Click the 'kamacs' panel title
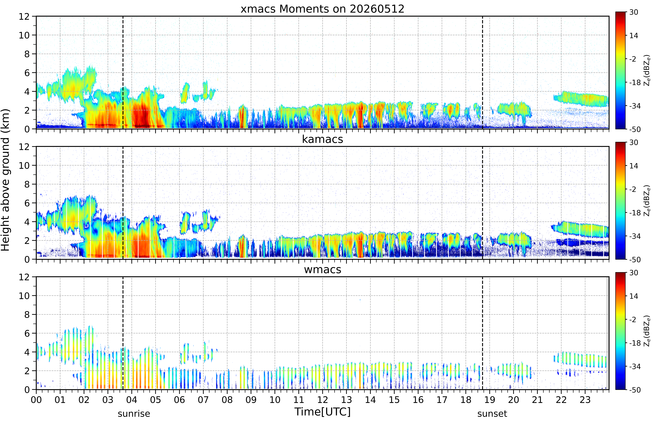click(322, 139)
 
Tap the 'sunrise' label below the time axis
click(134, 414)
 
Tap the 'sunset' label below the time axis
click(492, 414)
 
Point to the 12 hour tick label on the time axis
click(322, 400)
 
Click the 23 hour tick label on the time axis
click(585, 400)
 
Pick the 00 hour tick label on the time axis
click(36, 400)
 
